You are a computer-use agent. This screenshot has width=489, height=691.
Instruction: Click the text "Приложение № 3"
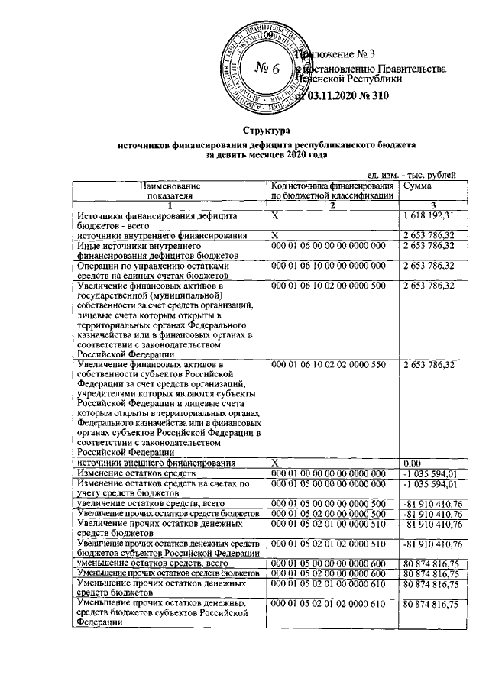pos(337,54)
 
